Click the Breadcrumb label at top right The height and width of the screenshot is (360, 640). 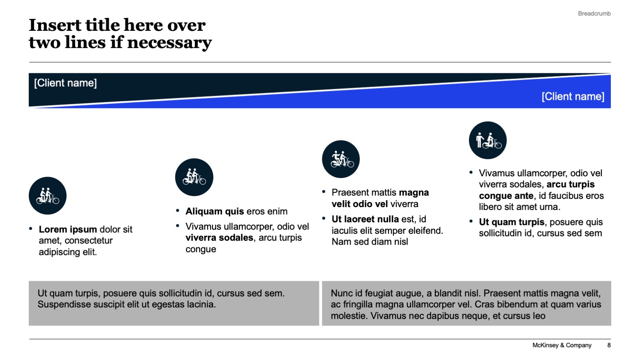(594, 14)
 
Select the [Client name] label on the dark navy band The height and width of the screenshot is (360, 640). (65, 83)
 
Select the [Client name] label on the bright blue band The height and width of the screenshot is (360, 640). (573, 97)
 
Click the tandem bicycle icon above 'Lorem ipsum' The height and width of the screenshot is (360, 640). (48, 196)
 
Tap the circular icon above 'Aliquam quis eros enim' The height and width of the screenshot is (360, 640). (194, 177)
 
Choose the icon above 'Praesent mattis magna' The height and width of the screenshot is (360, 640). (341, 159)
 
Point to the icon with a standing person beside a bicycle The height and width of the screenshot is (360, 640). (488, 140)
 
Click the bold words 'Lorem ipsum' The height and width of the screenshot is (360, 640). (68, 229)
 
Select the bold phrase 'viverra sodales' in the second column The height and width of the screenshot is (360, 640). (219, 238)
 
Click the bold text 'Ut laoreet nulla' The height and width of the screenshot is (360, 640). (365, 219)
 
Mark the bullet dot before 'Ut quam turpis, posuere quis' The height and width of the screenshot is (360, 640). (471, 222)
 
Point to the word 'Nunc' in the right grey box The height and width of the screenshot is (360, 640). (341, 293)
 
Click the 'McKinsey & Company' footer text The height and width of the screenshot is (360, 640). (561, 345)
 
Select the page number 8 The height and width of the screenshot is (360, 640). (609, 345)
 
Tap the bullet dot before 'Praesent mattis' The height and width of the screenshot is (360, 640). (324, 192)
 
